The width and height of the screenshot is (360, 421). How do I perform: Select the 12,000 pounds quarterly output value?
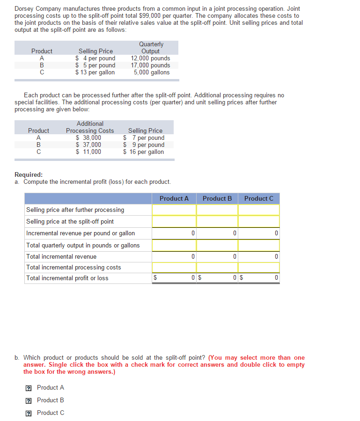point(151,58)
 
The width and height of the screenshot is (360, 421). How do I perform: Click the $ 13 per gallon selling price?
point(96,72)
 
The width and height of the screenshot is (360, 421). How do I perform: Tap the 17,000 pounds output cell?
point(151,65)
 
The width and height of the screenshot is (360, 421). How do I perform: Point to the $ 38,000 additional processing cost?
point(89,138)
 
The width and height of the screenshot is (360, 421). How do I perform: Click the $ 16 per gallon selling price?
point(144,152)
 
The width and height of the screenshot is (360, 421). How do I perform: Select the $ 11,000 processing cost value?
point(89,152)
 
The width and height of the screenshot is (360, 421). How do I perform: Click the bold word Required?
point(29,174)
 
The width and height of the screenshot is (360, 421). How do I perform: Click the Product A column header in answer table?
point(174,198)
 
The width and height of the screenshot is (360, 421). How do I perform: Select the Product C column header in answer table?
point(258,198)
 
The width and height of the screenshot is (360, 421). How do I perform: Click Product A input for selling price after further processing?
point(174,210)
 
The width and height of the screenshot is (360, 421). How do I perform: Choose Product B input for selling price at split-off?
point(217,221)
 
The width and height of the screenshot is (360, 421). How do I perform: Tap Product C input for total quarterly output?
point(258,245)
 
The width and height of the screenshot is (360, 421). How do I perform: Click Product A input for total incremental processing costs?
point(174,268)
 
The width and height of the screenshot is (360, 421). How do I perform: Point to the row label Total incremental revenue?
point(61,256)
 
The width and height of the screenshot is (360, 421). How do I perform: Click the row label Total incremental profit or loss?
point(67,278)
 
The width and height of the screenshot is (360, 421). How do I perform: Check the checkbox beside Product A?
point(29,388)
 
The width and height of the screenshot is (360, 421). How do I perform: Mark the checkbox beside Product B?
point(29,400)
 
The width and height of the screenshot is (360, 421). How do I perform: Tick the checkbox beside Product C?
point(29,413)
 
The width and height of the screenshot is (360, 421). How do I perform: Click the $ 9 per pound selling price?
point(144,145)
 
